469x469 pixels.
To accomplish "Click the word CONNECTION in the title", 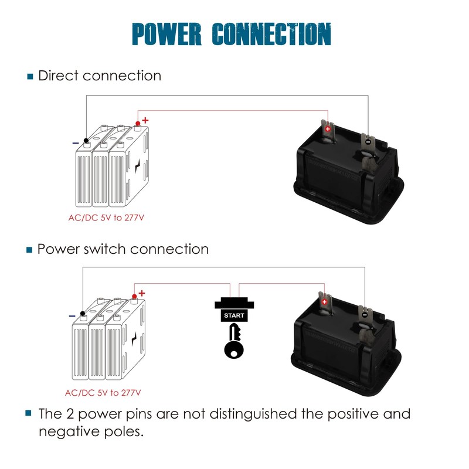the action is click(270, 34).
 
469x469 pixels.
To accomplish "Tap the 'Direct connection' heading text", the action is click(100, 76).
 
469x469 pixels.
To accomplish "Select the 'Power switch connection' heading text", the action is click(123, 249).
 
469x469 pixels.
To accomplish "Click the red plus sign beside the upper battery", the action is click(145, 120).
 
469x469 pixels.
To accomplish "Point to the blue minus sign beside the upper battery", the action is click(76, 142).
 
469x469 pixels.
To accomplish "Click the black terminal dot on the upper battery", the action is click(86, 140).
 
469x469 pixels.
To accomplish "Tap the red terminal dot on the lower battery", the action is click(134, 297).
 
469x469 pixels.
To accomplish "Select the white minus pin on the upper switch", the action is click(368, 141).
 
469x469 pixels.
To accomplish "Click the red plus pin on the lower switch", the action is click(324, 301).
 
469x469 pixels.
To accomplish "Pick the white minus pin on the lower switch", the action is click(365, 314).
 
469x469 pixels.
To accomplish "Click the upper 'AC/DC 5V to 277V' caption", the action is click(106, 218).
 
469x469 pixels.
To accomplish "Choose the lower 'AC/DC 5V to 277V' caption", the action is click(103, 392).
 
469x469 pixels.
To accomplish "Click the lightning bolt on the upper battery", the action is click(137, 166).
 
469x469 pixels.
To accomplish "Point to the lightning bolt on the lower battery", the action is click(135, 340).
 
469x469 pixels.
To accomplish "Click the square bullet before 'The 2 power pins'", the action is click(28, 413).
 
